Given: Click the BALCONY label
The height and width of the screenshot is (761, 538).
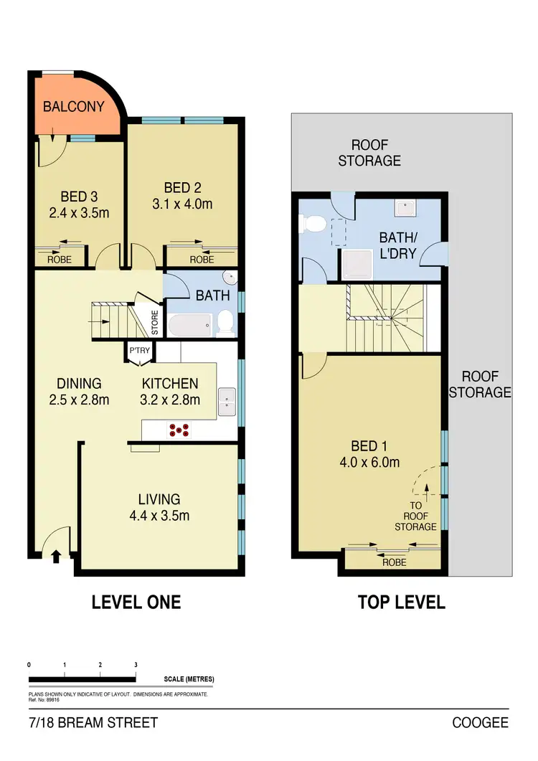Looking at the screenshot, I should [x=74, y=107].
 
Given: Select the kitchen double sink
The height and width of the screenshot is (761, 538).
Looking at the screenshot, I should [x=227, y=402].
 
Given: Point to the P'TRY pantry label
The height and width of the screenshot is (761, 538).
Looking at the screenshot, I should [x=138, y=351].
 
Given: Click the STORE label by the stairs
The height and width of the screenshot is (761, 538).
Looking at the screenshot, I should [x=155, y=322].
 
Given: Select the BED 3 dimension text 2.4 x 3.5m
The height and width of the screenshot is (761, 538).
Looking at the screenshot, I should [x=74, y=213].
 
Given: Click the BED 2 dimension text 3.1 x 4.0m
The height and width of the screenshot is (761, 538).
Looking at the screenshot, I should [x=182, y=204].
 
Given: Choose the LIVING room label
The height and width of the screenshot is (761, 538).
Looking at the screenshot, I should [x=160, y=499].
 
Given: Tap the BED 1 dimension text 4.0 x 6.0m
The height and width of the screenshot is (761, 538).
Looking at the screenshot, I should [x=370, y=462].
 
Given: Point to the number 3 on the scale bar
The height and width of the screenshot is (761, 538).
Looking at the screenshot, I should [x=136, y=664].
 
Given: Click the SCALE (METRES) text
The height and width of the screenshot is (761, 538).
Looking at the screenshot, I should [x=189, y=679].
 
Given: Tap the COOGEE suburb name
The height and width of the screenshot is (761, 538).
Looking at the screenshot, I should [x=480, y=722].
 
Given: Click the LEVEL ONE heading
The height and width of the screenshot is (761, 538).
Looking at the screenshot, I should [x=136, y=602].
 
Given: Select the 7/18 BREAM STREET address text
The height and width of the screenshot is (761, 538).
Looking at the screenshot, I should [x=93, y=722].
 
